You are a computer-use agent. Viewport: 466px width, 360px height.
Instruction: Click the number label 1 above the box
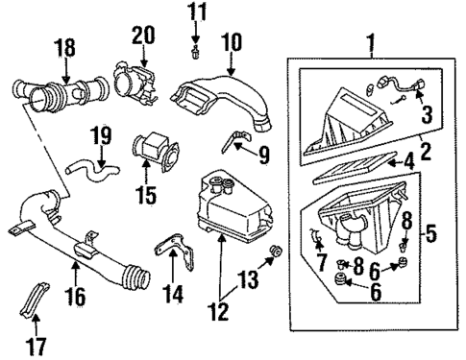(x=372, y=41)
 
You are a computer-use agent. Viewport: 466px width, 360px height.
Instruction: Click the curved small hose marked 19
(x=86, y=171)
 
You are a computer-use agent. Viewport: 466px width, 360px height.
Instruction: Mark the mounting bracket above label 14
(x=169, y=257)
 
